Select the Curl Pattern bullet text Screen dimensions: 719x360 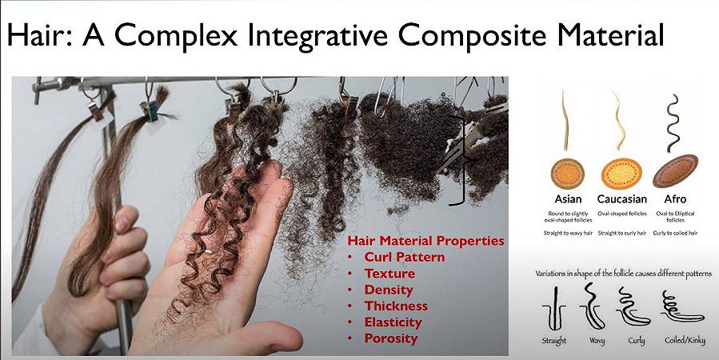pos(405,257)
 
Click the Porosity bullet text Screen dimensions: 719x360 pos(390,338)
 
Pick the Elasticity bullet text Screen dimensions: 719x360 pos(393,322)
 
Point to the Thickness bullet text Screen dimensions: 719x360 pos(396,306)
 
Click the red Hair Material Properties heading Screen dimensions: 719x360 pos(425,241)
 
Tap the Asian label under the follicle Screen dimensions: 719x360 pos(568,199)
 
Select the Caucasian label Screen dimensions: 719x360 pos(621,199)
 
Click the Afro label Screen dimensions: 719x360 pos(676,199)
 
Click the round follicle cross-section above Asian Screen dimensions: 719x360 pos(568,174)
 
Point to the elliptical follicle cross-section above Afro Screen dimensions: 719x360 pos(676,171)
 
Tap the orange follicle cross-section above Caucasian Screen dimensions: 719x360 pos(621,174)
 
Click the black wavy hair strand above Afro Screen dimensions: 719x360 pos(673,123)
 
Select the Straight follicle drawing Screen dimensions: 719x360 pos(554,309)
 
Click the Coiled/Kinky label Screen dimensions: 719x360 pos(685,340)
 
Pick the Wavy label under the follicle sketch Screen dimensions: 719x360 pos(597,341)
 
